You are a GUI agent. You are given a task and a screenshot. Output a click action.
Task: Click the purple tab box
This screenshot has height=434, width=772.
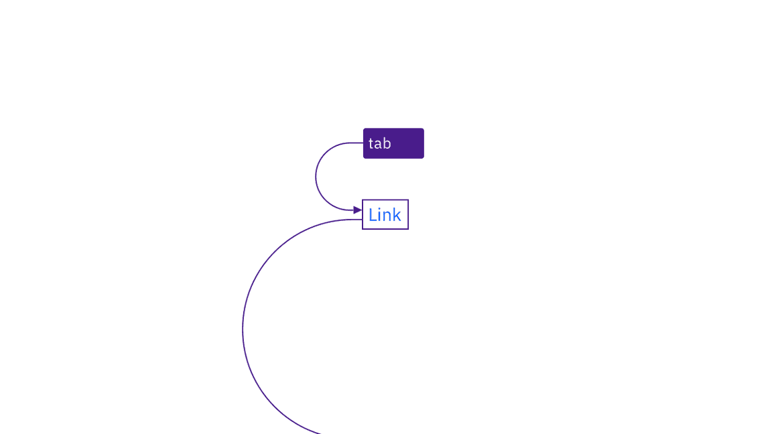[x=393, y=143]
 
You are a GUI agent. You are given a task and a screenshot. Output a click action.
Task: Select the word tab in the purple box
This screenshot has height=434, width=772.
[x=379, y=143]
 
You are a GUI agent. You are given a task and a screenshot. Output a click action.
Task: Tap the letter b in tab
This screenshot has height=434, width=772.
[x=387, y=143]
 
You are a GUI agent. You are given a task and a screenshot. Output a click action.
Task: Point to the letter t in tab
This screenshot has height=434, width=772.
[x=371, y=143]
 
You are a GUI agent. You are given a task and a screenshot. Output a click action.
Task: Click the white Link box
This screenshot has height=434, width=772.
[x=385, y=214]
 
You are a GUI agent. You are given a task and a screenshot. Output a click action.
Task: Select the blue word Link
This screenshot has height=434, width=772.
[x=385, y=214]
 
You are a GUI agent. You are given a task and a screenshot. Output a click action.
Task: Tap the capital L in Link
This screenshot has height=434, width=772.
[x=373, y=214]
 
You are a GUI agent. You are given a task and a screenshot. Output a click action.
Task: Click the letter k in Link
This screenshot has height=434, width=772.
[x=397, y=214]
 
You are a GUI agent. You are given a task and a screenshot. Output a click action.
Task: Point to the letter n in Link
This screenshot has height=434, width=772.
[x=387, y=216]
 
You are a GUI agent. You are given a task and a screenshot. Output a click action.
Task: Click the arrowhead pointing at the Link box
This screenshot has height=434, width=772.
[x=358, y=210]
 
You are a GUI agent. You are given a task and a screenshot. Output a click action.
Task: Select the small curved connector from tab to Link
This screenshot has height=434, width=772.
[x=316, y=177]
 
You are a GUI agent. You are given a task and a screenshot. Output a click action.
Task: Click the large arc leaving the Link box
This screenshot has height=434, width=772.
[x=243, y=330]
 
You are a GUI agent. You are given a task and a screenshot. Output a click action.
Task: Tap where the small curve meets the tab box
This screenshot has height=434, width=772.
[x=363, y=143]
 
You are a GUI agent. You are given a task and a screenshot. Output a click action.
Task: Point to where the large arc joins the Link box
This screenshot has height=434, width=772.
[x=363, y=220]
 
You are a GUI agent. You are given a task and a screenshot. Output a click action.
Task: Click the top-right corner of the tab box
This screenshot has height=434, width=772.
[x=424, y=129]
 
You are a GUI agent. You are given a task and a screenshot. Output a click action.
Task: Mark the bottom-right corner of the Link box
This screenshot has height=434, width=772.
[x=408, y=229]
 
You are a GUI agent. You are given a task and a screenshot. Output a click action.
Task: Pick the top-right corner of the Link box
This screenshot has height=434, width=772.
[x=408, y=200]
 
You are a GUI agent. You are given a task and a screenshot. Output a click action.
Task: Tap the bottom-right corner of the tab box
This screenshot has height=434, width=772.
[x=424, y=159]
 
